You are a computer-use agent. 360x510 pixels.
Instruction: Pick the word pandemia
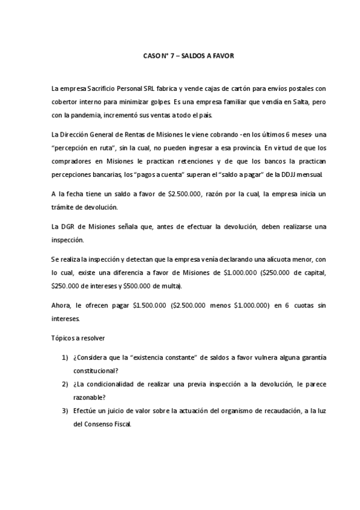point(94,115)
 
